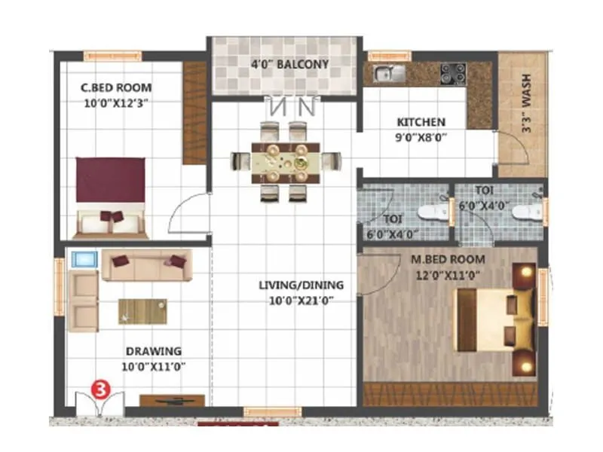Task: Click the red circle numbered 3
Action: pyautogui.click(x=99, y=389)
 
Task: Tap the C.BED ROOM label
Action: pyautogui.click(x=116, y=87)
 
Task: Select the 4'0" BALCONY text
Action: pyautogui.click(x=289, y=65)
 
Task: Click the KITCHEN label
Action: pyautogui.click(x=421, y=122)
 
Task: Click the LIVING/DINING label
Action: pyautogui.click(x=301, y=285)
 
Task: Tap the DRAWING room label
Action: pyautogui.click(x=154, y=351)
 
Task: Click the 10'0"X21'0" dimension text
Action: pyautogui.click(x=301, y=300)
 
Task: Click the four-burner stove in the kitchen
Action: pyautogui.click(x=453, y=73)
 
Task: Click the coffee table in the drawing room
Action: pyautogui.click(x=142, y=310)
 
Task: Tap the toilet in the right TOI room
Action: pyautogui.click(x=525, y=212)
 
